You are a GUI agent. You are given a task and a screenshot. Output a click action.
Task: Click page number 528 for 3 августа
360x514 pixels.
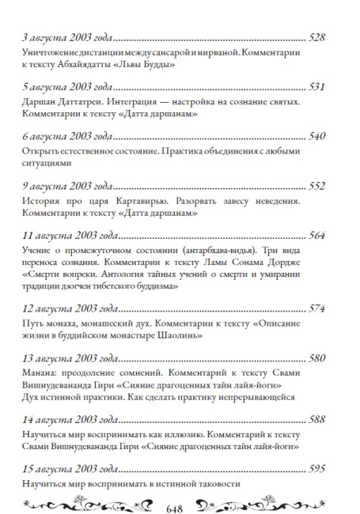tap(327, 37)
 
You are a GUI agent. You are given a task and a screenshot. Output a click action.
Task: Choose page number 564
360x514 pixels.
tap(327, 235)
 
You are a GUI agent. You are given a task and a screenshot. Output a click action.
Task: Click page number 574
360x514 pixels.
tap(327, 306)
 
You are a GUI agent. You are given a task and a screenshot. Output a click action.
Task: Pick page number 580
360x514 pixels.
tap(327, 357)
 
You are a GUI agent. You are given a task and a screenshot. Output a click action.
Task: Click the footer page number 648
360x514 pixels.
tap(180, 504)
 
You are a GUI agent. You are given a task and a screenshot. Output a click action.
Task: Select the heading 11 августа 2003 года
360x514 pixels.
tap(57, 235)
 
